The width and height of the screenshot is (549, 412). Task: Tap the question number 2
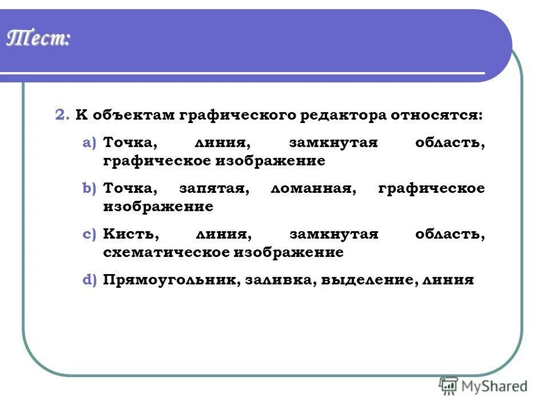coord(62,115)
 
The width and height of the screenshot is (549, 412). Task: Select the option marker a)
coord(89,143)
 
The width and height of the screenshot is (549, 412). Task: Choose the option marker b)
coord(89,188)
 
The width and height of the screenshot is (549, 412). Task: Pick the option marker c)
coord(89,234)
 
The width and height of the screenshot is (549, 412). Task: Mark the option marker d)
coord(89,280)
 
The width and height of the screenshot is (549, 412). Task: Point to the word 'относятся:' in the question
coord(436,115)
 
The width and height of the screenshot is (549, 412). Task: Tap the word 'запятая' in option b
coord(213,188)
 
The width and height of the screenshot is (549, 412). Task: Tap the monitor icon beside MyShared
coord(448,386)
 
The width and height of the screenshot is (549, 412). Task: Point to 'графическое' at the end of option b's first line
coord(431,188)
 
